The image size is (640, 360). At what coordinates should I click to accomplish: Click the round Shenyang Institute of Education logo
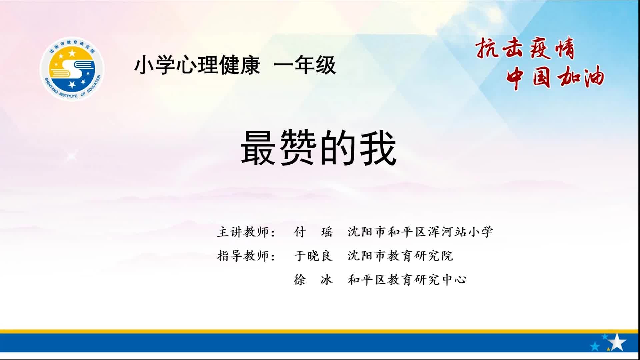click(72, 69)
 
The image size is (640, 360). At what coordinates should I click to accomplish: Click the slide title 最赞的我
click(319, 148)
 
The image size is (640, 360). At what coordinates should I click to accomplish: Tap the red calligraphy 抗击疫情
click(525, 48)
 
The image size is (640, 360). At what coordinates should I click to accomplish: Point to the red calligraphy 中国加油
click(555, 77)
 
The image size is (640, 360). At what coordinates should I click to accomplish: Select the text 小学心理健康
click(197, 65)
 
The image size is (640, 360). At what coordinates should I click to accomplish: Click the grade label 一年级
click(305, 65)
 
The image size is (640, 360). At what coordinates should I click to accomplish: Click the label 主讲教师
click(243, 232)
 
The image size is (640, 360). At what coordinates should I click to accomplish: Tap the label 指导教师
click(243, 256)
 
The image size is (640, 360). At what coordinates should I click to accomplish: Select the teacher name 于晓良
click(313, 256)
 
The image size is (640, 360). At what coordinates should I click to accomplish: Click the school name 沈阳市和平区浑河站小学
click(420, 232)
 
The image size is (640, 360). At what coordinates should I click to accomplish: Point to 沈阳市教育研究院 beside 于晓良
click(400, 256)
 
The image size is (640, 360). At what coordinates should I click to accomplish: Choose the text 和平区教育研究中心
click(407, 280)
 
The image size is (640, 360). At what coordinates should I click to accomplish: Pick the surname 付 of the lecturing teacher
click(300, 232)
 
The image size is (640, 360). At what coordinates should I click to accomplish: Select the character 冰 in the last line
click(327, 280)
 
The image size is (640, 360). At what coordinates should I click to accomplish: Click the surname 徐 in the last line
click(300, 280)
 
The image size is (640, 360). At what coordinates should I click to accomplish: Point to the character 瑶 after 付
click(327, 232)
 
